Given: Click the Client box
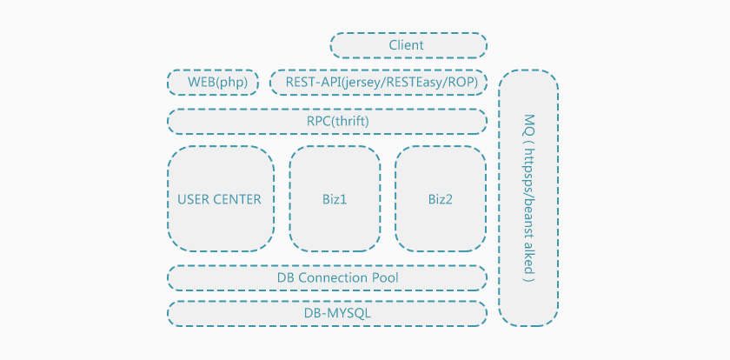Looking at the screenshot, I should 408,45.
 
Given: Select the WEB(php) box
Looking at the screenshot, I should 213,83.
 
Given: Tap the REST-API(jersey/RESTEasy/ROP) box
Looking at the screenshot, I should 378,83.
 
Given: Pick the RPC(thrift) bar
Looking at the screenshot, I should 327,121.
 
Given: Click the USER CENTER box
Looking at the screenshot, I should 220,198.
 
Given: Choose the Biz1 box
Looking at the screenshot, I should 335,198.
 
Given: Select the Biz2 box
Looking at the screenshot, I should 440,198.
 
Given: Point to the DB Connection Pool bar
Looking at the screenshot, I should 327,277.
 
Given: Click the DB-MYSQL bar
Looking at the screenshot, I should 327,313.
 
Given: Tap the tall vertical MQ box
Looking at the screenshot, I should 528,197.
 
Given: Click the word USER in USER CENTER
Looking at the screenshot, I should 193,199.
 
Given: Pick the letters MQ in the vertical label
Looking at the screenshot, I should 528,121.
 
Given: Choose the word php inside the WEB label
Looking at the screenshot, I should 234,83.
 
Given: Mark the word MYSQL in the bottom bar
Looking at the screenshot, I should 338,313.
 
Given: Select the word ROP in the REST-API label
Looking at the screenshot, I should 465,83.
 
